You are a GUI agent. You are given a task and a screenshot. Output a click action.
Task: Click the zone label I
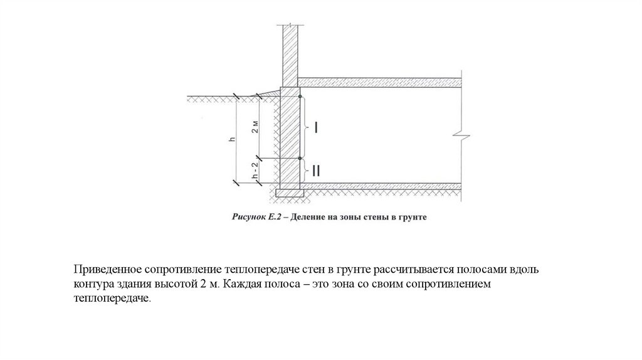click(x=317, y=127)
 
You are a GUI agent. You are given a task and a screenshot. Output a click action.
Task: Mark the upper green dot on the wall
click(x=300, y=97)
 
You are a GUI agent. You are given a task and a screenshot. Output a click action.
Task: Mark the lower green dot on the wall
click(x=300, y=158)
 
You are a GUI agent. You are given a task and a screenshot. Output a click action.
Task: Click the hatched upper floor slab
click(x=379, y=82)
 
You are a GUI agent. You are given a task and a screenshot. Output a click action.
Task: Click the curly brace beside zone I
click(x=306, y=128)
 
